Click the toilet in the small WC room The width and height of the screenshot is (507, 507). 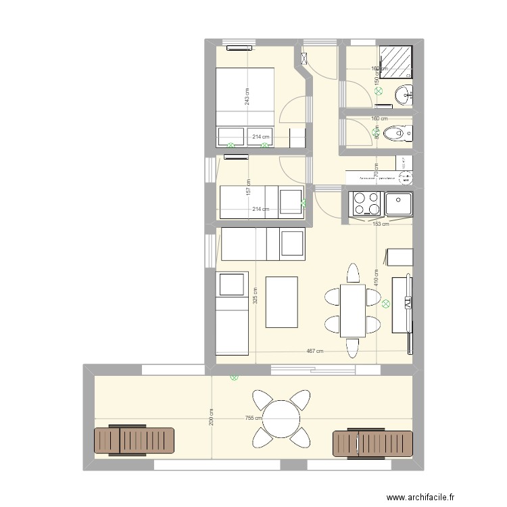(396, 134)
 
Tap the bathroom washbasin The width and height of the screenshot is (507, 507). (404, 94)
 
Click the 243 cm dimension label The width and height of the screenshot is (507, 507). (248, 97)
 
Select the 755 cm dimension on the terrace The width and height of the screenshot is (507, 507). (253, 418)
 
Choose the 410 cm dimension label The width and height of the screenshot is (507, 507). (376, 277)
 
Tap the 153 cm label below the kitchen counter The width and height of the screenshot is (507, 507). (381, 224)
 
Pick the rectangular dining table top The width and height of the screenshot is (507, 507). (352, 311)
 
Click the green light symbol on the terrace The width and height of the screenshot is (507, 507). (234, 379)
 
